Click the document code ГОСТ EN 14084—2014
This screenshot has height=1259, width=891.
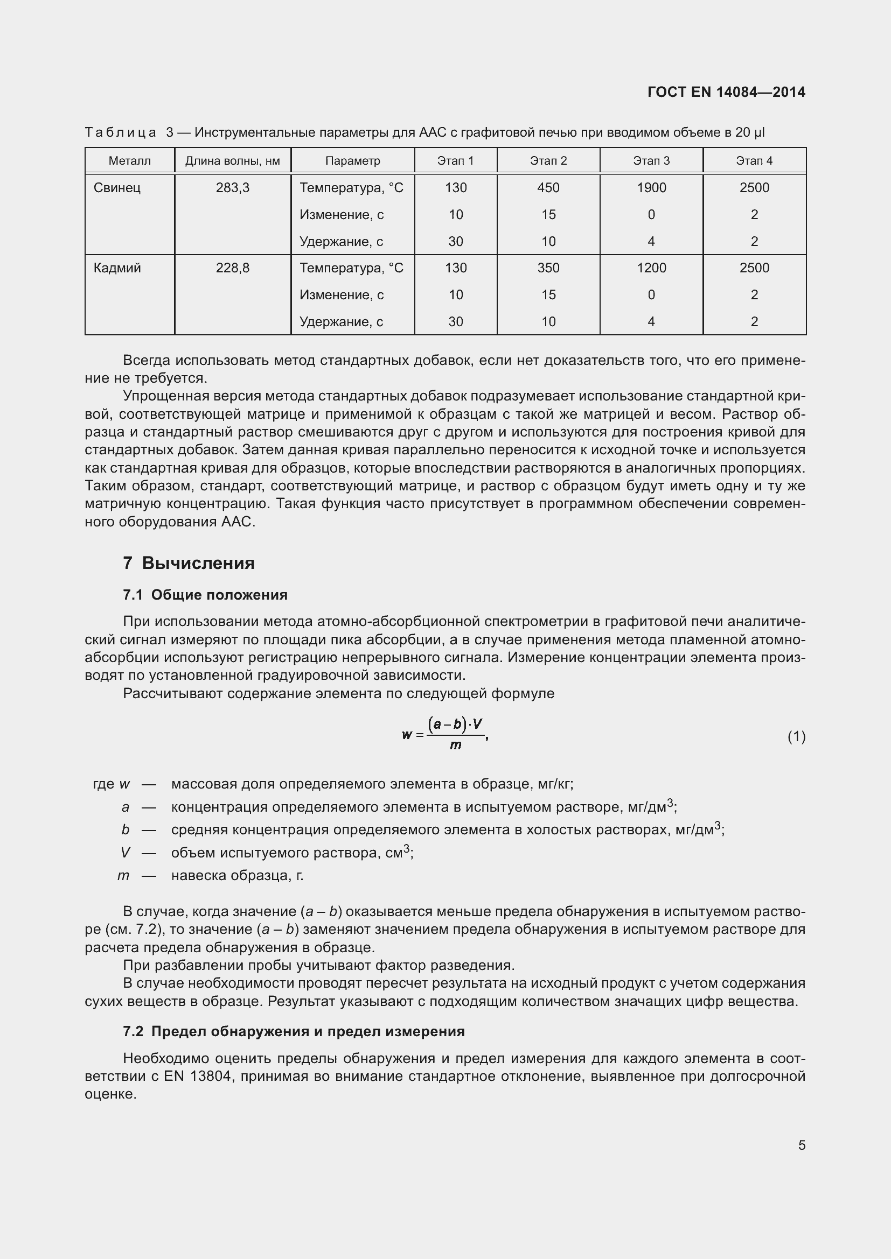click(726, 92)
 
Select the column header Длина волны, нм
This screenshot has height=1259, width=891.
click(233, 160)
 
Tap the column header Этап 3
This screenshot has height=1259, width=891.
click(651, 160)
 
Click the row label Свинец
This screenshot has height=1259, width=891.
click(117, 188)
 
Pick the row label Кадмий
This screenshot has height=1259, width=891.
click(117, 268)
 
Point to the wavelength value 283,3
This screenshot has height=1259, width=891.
click(233, 188)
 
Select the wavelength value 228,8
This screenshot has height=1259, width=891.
click(233, 268)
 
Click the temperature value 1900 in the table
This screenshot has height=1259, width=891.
click(651, 188)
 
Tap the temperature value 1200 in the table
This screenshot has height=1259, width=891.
click(651, 268)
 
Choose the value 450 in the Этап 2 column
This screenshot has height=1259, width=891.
click(548, 188)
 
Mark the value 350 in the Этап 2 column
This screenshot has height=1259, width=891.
click(548, 268)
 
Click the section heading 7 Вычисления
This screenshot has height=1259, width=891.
click(189, 563)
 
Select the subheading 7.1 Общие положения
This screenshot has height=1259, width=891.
click(205, 595)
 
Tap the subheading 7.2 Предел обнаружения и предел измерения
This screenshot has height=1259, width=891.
click(294, 1031)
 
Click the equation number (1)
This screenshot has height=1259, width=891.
click(796, 737)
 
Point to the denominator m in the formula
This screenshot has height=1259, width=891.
click(455, 745)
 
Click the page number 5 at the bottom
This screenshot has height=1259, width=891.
click(802, 1145)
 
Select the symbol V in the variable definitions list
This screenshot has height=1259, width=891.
click(125, 853)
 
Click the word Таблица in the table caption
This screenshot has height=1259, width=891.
click(121, 133)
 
